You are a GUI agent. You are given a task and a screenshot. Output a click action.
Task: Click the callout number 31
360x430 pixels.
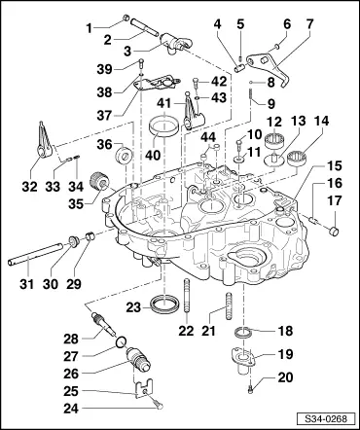click(x=26, y=284)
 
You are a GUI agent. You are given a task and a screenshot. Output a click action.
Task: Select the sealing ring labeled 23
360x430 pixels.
click(x=164, y=305)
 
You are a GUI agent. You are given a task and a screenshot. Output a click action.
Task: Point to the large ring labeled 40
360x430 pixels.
click(x=164, y=128)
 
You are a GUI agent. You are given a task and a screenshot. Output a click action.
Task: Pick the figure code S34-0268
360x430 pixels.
click(x=325, y=418)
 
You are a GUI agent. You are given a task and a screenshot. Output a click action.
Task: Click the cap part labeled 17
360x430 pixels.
click(x=335, y=232)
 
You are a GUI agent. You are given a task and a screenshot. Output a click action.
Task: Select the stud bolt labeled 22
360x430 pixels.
click(x=188, y=296)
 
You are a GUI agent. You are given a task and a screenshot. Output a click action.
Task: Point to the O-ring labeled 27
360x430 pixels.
click(x=121, y=341)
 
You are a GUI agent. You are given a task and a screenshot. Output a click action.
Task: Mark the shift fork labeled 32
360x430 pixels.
click(x=44, y=140)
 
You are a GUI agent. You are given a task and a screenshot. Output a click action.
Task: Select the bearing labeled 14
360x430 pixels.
click(x=297, y=158)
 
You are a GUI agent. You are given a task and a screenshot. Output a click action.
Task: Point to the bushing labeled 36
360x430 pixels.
click(x=124, y=155)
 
